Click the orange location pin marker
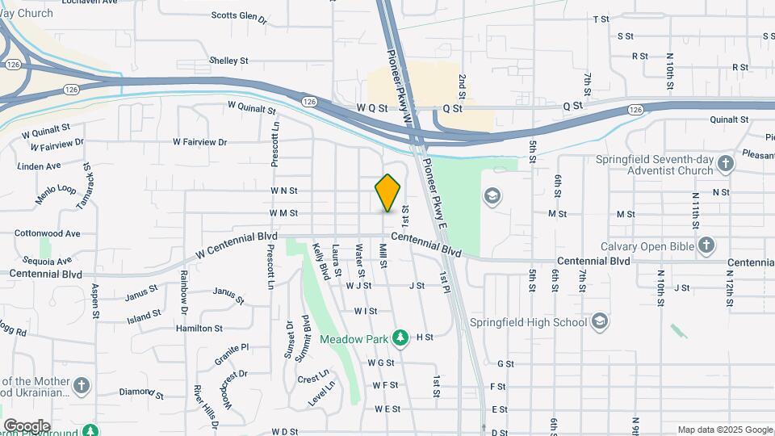(x=388, y=192)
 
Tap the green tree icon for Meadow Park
(x=400, y=336)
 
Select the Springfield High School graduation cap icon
(x=599, y=322)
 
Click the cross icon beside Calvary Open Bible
(x=706, y=245)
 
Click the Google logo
(x=27, y=426)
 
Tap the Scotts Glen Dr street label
(x=239, y=16)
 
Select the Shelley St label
(x=228, y=61)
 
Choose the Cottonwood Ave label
(x=48, y=233)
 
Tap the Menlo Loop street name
(x=55, y=194)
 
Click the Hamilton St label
(x=199, y=329)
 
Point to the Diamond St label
(x=142, y=393)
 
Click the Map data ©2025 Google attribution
(x=724, y=430)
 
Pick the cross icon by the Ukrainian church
(x=82, y=386)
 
